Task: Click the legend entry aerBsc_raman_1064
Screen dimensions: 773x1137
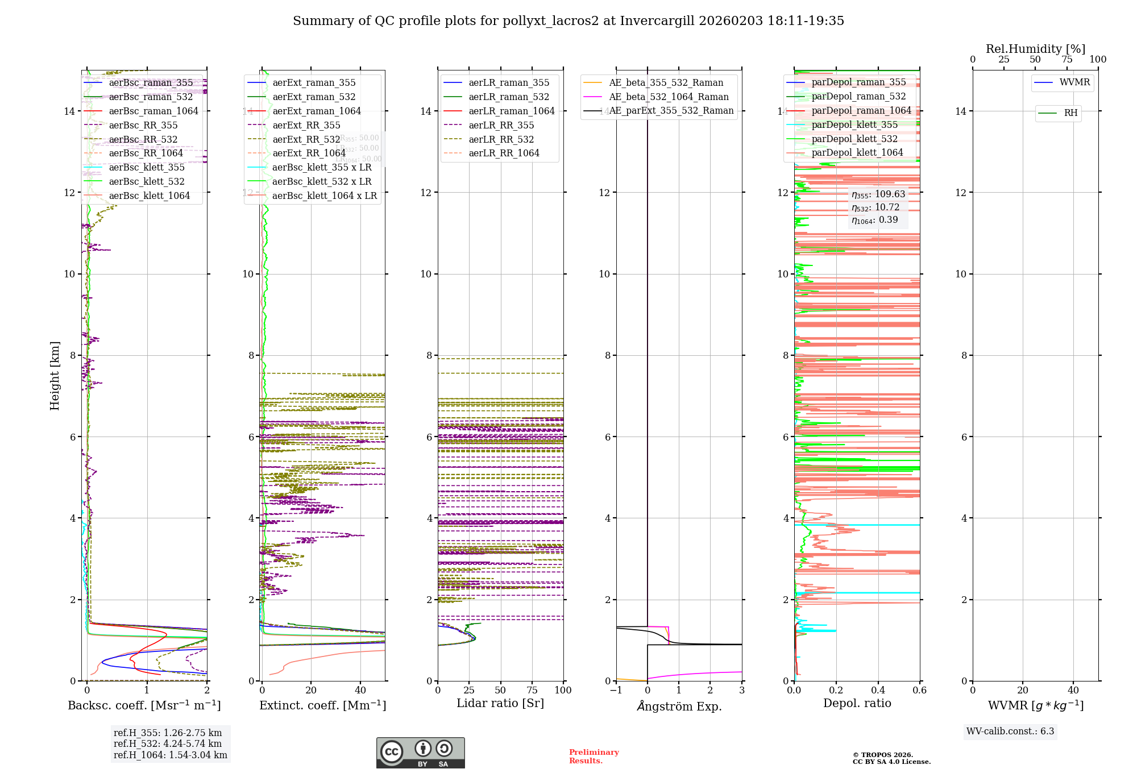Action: point(153,111)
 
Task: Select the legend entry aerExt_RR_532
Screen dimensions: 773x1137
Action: point(306,139)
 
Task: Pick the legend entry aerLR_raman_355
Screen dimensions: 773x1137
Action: point(509,82)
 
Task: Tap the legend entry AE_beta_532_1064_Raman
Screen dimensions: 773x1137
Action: point(669,97)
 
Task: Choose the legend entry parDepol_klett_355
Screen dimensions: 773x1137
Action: point(854,124)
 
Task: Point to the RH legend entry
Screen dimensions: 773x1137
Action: point(1070,113)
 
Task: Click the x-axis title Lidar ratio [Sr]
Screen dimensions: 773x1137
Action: point(500,703)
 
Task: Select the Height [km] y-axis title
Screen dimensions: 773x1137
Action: point(55,375)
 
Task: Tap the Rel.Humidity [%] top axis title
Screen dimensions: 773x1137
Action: point(1035,49)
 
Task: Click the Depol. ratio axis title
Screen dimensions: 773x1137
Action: point(857,703)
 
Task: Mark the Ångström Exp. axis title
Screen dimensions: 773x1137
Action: point(679,706)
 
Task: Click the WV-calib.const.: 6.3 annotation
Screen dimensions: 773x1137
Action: point(1010,731)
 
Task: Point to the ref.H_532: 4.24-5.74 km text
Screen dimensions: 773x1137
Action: point(168,743)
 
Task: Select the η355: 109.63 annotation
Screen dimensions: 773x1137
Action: point(878,194)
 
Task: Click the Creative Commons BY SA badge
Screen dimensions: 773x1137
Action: point(420,753)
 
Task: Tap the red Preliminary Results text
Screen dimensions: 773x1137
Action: point(594,756)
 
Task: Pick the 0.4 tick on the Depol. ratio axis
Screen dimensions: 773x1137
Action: point(878,690)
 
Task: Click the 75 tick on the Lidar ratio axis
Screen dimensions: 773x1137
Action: point(532,690)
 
